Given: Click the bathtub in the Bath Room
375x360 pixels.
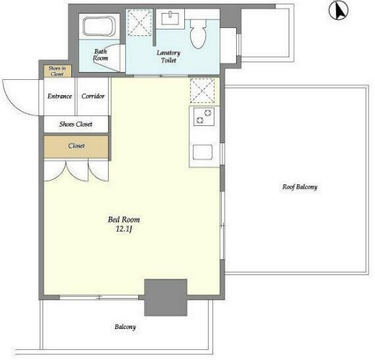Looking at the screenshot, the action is point(99,26).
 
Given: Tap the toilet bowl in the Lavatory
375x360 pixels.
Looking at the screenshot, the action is point(198,34).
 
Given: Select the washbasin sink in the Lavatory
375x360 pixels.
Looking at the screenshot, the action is point(170,19).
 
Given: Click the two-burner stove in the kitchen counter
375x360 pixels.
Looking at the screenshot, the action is point(204,117).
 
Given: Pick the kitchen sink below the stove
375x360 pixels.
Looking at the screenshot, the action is point(202,152).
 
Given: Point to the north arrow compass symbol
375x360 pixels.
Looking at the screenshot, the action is point(338,11).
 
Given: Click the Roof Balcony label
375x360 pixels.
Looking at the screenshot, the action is point(299,187).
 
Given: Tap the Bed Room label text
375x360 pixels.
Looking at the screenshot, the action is point(124,220).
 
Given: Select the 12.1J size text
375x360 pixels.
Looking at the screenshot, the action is point(124,229).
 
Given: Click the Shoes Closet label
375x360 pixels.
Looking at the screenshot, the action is point(76,124).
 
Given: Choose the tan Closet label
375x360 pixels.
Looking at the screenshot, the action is point(76,145).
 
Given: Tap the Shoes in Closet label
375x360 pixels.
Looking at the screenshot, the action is point(57,71).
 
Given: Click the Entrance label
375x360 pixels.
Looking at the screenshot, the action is point(60,96).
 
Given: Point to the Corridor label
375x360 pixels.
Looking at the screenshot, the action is point(93,96).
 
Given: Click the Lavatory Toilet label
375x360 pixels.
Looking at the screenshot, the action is point(168,56).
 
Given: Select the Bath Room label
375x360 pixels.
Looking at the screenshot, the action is point(100,55).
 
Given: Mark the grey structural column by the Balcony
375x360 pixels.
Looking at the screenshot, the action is point(166,297).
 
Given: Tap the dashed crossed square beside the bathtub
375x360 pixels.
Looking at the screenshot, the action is point(140,23).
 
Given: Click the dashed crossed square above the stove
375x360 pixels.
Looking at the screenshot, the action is point(202,91).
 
